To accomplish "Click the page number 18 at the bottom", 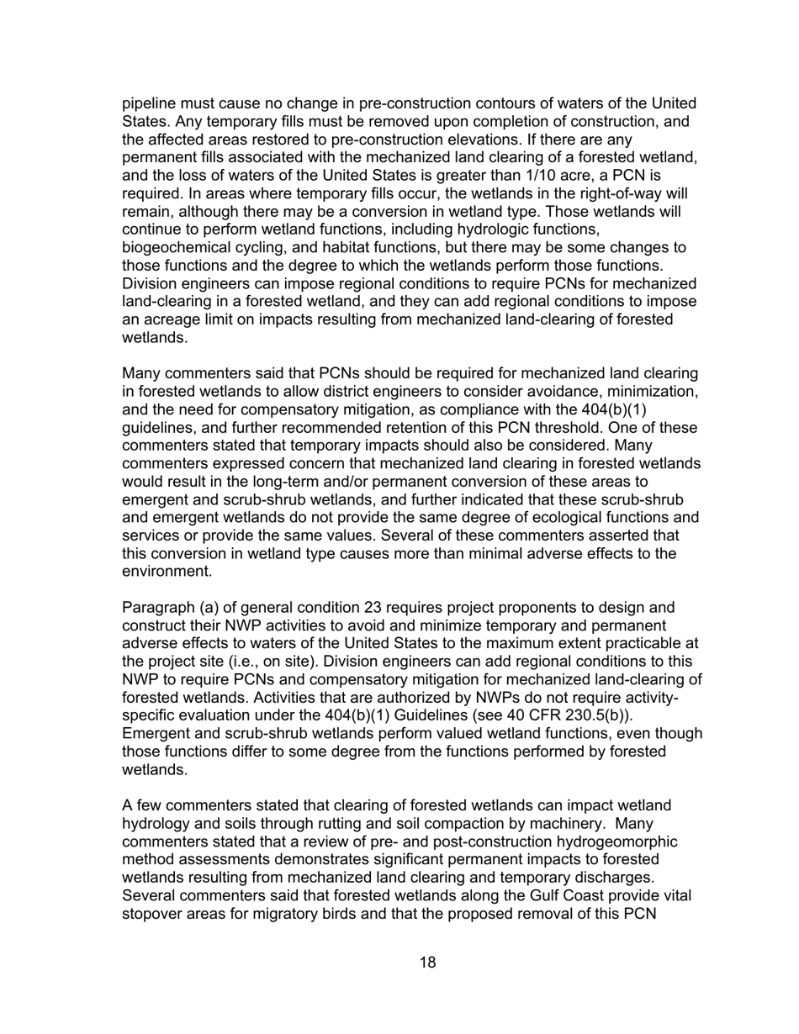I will click(427, 963).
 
